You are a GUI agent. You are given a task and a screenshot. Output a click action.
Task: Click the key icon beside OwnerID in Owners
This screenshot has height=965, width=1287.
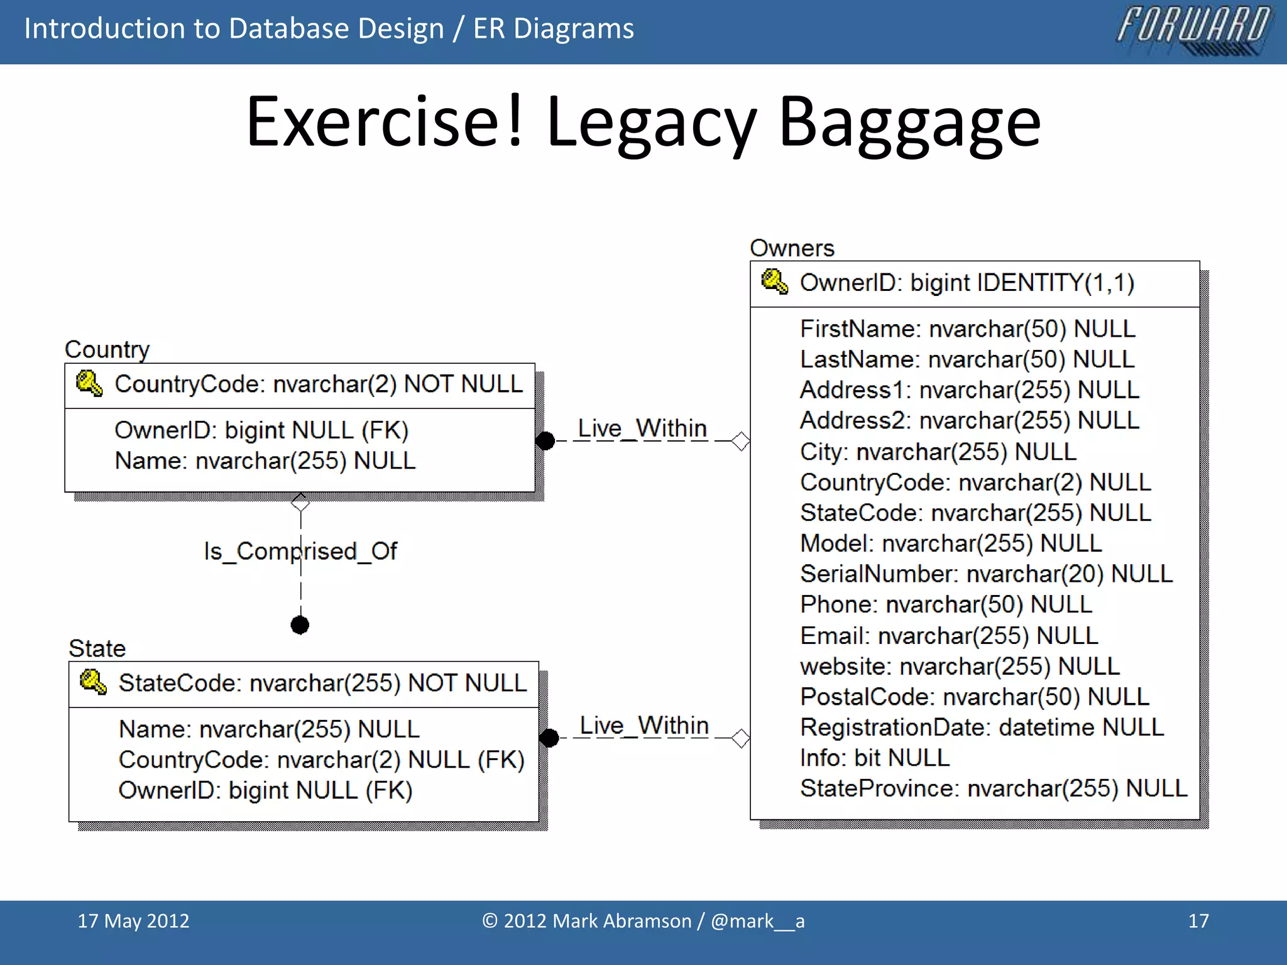774,282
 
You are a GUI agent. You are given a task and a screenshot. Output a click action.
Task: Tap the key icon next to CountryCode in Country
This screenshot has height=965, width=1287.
89,383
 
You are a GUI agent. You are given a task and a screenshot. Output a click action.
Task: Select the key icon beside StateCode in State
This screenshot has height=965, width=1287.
93,682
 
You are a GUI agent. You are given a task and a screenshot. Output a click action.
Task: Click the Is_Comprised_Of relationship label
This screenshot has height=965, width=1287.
300,551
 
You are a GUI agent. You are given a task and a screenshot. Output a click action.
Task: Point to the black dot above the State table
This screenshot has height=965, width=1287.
300,625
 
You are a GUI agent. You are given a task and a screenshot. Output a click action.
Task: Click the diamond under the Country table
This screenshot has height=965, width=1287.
300,503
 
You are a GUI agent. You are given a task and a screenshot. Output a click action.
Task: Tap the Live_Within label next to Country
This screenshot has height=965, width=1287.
642,428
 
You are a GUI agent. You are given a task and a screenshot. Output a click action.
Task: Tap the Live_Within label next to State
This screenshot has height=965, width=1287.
643,726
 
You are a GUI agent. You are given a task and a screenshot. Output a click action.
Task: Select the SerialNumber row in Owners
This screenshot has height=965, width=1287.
985,574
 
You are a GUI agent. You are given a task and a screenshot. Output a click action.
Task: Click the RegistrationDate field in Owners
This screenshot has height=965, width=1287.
981,727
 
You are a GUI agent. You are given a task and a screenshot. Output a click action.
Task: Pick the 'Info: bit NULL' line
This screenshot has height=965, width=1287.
874,758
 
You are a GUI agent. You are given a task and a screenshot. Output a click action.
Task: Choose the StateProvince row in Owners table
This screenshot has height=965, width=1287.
993,788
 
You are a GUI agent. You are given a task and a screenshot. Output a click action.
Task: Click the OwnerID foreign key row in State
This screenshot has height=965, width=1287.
265,790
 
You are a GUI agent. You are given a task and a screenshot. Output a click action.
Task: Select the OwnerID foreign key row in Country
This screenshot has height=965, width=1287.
261,430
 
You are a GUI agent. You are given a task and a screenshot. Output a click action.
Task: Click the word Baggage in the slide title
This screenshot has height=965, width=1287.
909,123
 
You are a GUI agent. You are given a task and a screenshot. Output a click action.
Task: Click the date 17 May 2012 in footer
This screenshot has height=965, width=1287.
133,921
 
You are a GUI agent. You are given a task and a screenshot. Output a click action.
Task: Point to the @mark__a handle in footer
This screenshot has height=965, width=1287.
757,921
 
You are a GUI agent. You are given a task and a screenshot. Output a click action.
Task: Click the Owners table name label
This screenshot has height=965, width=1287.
792,248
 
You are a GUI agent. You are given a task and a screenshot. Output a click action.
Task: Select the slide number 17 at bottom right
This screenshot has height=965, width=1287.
1198,921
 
